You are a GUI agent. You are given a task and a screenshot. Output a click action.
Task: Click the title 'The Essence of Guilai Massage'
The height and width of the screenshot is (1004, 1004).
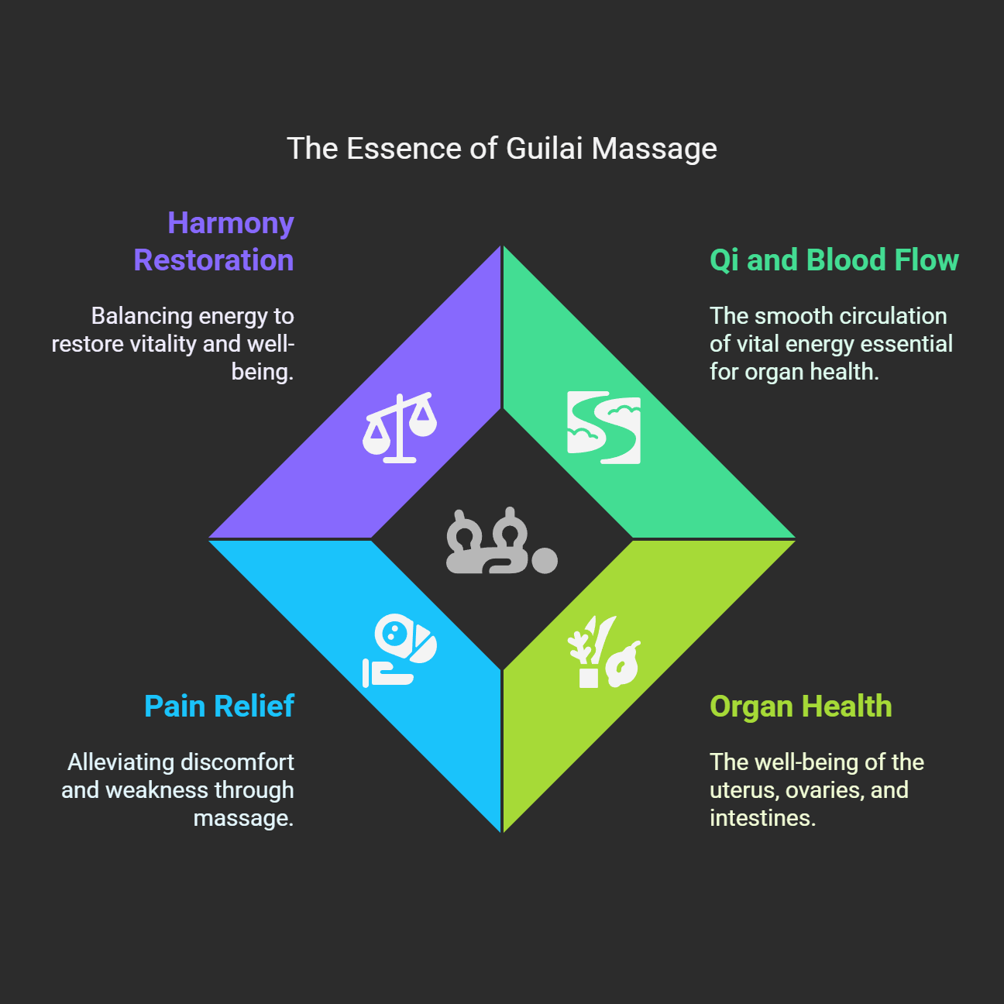[x=502, y=149]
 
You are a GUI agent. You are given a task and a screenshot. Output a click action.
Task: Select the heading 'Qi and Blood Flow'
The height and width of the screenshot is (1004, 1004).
[x=834, y=260]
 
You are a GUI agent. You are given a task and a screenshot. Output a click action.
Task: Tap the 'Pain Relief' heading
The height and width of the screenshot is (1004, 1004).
[x=219, y=707]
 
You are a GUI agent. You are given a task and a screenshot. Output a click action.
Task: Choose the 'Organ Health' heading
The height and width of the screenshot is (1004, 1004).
[x=800, y=707]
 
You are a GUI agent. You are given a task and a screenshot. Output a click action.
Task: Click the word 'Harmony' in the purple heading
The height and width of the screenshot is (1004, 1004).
[x=231, y=223]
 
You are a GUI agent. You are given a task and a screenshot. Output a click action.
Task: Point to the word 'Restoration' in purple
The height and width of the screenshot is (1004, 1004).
[x=214, y=260]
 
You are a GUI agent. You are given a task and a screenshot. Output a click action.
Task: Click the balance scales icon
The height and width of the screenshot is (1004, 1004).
[x=400, y=428]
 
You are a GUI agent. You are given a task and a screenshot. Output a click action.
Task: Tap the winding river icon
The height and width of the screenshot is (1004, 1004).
[x=604, y=428]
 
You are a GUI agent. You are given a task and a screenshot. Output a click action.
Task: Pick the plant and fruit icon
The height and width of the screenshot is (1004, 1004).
[x=604, y=652]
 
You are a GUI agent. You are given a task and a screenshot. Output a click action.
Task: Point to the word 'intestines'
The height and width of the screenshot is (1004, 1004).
[x=762, y=818]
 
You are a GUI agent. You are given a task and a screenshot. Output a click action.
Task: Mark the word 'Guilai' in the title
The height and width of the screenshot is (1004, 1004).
[x=544, y=149]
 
